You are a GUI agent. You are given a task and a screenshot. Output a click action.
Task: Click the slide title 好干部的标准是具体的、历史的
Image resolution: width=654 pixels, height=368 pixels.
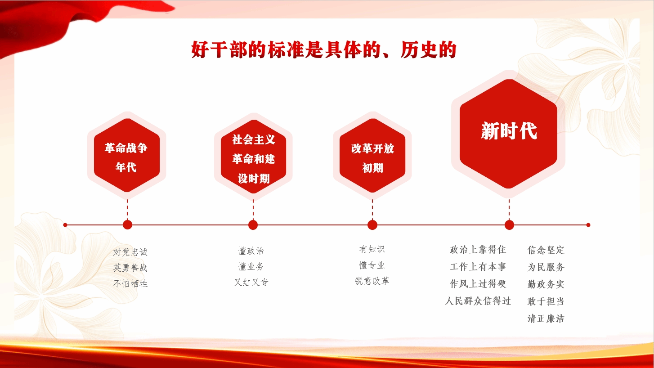[324, 49]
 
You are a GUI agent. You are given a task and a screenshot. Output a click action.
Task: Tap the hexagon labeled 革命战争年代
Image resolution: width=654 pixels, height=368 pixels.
[127, 155]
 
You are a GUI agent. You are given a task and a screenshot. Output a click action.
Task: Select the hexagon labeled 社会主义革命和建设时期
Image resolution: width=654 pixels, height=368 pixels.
[253, 157]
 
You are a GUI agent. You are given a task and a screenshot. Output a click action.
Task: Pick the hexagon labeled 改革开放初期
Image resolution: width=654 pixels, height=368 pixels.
[372, 156]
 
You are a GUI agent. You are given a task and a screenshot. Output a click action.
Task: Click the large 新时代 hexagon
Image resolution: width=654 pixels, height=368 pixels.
[508, 134]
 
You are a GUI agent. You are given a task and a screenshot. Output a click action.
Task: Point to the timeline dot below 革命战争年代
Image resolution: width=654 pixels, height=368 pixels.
[127, 225]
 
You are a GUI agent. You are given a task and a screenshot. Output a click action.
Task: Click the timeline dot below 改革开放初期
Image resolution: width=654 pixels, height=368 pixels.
[372, 225]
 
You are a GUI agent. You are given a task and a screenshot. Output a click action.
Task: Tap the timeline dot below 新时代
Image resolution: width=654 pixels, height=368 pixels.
[509, 225]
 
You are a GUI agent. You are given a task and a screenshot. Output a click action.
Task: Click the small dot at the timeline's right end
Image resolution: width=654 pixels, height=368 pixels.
[588, 225]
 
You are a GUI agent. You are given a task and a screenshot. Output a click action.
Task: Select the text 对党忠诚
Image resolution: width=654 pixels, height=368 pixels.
[130, 252]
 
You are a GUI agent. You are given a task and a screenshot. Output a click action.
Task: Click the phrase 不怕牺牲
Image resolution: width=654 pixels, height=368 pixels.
[130, 283]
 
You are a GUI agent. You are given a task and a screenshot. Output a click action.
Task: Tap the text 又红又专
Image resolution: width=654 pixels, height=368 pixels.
[251, 282]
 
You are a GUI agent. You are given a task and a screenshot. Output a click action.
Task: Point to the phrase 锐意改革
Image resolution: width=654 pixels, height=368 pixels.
[372, 281]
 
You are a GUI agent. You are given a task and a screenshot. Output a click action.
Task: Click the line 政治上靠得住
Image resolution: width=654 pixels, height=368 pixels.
[478, 250]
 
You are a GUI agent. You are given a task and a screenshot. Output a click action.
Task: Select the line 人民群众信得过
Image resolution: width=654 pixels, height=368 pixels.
[478, 301]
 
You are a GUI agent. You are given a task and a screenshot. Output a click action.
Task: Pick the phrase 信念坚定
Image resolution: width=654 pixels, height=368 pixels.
[546, 250]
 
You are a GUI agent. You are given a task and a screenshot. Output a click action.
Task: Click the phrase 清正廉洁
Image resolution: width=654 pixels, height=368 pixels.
[546, 319]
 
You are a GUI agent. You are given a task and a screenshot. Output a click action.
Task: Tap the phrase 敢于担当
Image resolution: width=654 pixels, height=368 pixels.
[546, 301]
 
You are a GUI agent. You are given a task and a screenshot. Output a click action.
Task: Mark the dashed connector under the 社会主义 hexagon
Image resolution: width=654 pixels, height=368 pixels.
[253, 210]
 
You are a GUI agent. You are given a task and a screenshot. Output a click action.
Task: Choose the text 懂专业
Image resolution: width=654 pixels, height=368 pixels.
[372, 265]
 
